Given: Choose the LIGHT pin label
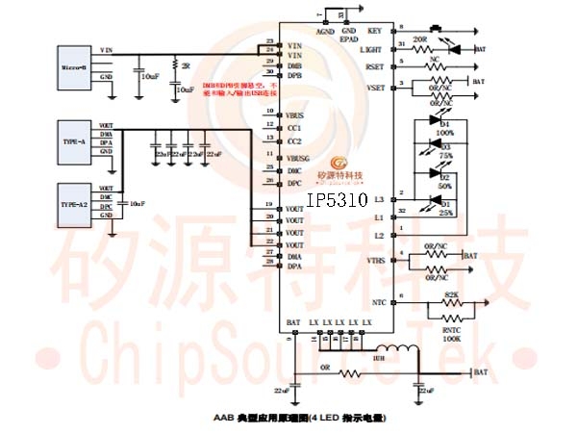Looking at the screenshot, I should [370, 48].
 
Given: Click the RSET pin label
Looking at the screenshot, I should [373, 67].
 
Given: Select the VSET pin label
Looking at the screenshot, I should [373, 87].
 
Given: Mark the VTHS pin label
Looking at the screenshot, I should [373, 261].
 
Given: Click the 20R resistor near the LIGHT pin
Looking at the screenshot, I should [419, 48].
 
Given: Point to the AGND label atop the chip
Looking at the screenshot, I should [324, 31].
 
